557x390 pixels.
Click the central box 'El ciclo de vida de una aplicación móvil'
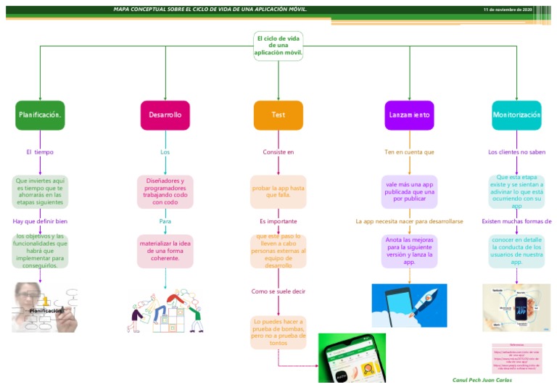(x=278, y=46)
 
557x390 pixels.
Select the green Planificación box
(x=40, y=115)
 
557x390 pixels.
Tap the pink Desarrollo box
(x=165, y=115)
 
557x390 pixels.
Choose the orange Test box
(x=278, y=115)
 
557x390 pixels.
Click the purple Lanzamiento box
(x=409, y=115)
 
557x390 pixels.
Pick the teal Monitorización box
(x=516, y=115)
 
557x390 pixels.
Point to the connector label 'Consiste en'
(x=278, y=152)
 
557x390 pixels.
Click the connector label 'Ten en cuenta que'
(x=409, y=152)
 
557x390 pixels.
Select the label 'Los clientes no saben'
(x=516, y=152)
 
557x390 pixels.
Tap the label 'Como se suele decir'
(x=278, y=291)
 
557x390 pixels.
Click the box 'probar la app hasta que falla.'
(x=278, y=191)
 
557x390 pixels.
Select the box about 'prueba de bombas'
(x=278, y=332)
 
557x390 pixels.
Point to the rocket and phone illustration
(x=409, y=305)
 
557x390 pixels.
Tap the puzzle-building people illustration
(x=165, y=311)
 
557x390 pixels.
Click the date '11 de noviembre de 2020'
(x=508, y=9)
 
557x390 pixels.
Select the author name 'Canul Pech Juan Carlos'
(x=482, y=380)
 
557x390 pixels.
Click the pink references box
(x=516, y=358)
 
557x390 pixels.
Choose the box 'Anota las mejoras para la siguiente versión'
(x=409, y=251)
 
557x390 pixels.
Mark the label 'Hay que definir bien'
(x=40, y=221)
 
